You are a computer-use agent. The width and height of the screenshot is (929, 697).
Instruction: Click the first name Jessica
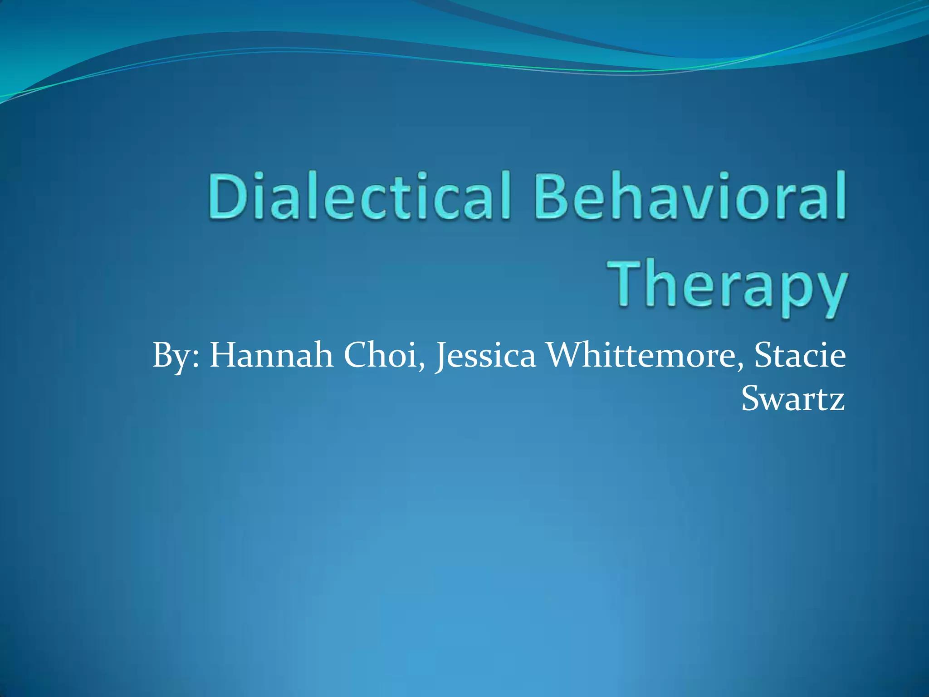(x=485, y=356)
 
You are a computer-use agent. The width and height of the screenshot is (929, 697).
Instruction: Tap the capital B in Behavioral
(x=554, y=196)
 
